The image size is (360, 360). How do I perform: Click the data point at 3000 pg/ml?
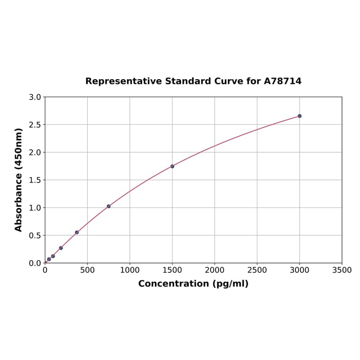pyautogui.click(x=299, y=116)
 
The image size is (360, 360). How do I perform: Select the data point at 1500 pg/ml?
pyautogui.click(x=172, y=166)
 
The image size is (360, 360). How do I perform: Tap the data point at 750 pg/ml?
pyautogui.click(x=108, y=206)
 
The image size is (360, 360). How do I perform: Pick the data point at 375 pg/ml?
pyautogui.click(x=77, y=232)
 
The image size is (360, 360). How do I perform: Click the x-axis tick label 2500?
pyautogui.click(x=257, y=270)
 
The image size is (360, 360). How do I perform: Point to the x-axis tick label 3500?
pyautogui.click(x=342, y=270)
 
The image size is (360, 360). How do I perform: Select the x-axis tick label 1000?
pyautogui.click(x=130, y=270)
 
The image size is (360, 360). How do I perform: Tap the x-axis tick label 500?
pyautogui.click(x=87, y=270)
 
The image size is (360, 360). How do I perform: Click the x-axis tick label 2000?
pyautogui.click(x=214, y=270)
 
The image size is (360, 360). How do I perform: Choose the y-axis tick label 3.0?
pyautogui.click(x=35, y=97)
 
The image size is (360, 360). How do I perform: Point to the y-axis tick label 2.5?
pyautogui.click(x=35, y=125)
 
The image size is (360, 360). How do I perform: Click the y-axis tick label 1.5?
pyautogui.click(x=35, y=180)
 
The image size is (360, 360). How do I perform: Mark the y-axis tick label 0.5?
pyautogui.click(x=35, y=235)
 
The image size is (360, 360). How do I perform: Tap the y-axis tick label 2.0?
pyautogui.click(x=35, y=152)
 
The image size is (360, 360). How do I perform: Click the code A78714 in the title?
pyautogui.click(x=282, y=81)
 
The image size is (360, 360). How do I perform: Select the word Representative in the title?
pyautogui.click(x=123, y=81)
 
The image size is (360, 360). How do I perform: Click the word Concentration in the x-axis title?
pyautogui.click(x=173, y=284)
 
